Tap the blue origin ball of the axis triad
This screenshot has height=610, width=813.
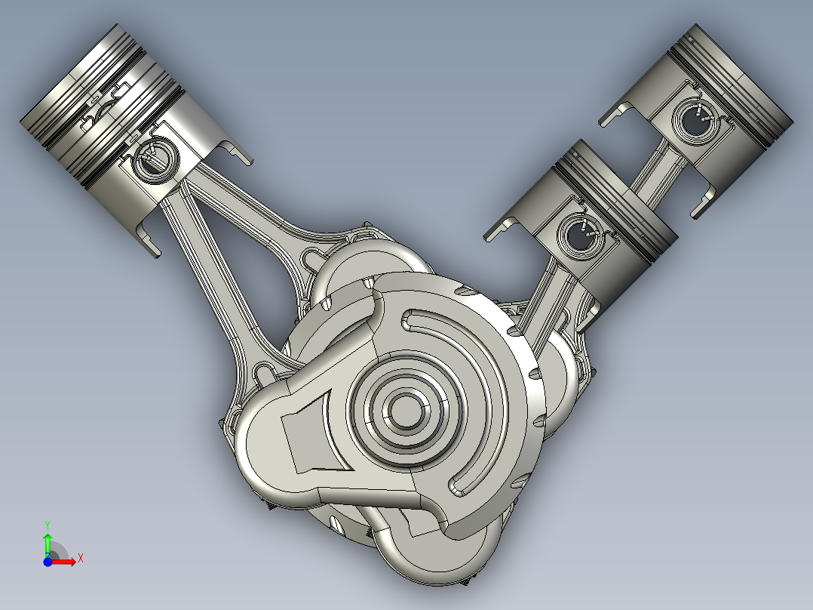pos(48,562)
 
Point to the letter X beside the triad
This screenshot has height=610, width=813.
pos(81,558)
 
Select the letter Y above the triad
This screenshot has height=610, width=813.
pos(47,523)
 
